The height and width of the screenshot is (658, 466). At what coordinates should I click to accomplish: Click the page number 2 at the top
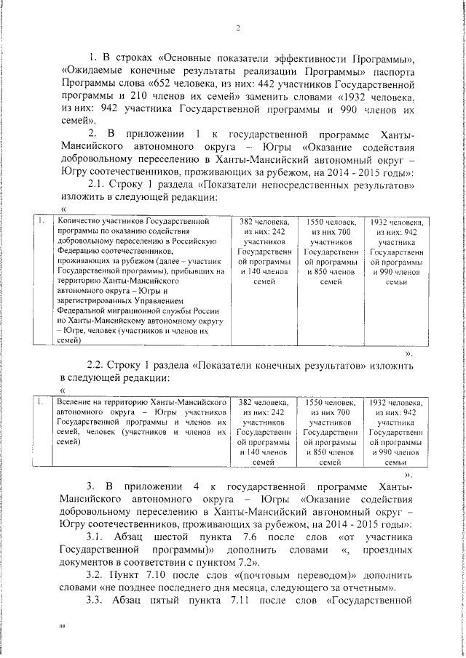237,28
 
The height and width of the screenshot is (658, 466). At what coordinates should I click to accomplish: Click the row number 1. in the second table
42,401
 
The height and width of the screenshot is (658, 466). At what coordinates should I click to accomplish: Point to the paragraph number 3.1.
98,537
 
